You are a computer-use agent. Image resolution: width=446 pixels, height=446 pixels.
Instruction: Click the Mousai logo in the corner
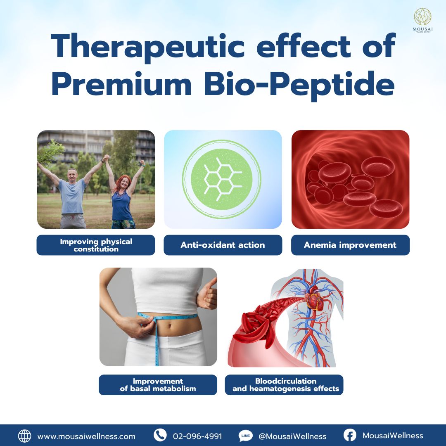[x=422, y=20]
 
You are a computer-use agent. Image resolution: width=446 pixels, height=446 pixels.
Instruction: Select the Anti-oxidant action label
[x=223, y=245]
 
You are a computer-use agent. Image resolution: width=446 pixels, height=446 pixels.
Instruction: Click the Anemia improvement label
[x=350, y=245]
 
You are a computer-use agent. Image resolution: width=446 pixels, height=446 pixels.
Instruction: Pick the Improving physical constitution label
[x=96, y=245]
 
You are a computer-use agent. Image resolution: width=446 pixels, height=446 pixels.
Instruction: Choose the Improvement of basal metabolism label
[x=158, y=385]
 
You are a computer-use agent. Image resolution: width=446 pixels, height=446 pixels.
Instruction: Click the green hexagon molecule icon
[x=222, y=179]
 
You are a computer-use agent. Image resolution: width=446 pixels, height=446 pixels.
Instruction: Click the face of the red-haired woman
[x=124, y=183]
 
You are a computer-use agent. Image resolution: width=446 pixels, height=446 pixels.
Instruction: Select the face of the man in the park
[x=72, y=176]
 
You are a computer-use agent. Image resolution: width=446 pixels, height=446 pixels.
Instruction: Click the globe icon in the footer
[x=24, y=436]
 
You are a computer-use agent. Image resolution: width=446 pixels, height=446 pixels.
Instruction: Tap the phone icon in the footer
[x=160, y=435]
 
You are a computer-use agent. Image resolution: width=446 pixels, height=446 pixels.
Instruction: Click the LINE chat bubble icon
[x=245, y=436]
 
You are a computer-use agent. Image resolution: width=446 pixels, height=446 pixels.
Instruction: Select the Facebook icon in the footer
[x=350, y=435]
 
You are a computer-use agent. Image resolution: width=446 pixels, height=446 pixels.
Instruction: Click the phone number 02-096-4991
[x=197, y=436]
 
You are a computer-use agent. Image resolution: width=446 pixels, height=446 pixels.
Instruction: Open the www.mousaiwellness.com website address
[x=86, y=437]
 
